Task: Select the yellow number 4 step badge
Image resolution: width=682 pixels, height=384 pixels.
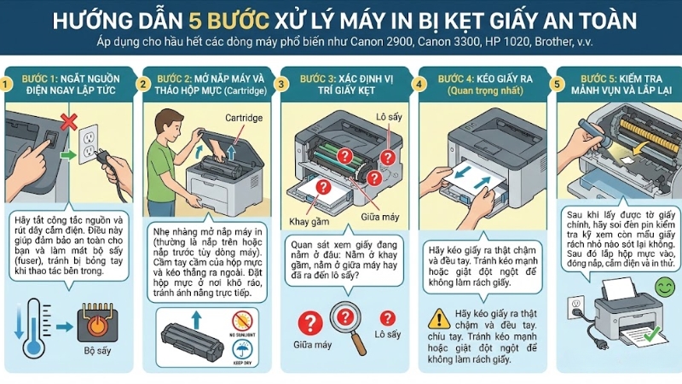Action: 419,84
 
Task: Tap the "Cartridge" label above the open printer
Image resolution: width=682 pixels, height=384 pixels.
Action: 243,117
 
